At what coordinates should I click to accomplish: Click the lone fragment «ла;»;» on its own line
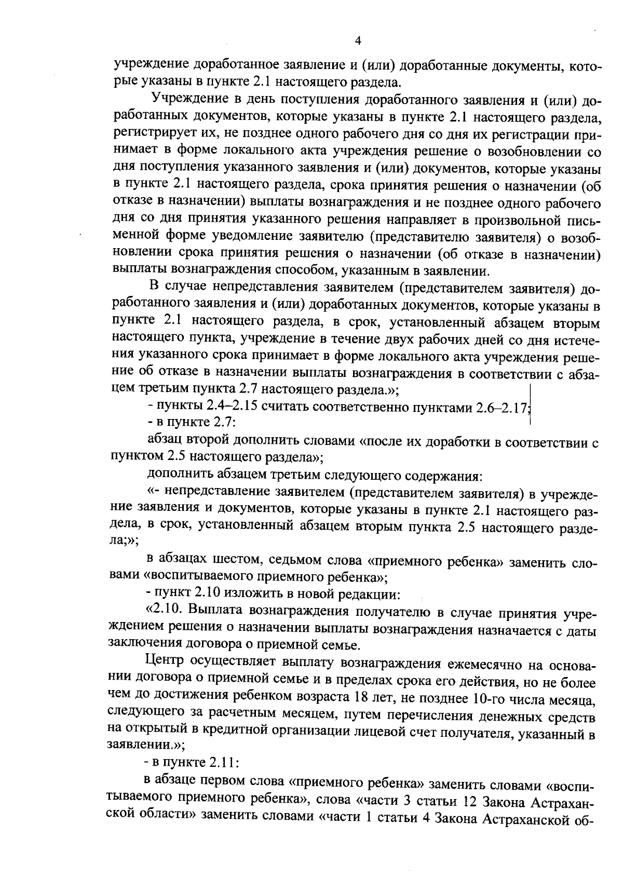[x=126, y=539]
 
